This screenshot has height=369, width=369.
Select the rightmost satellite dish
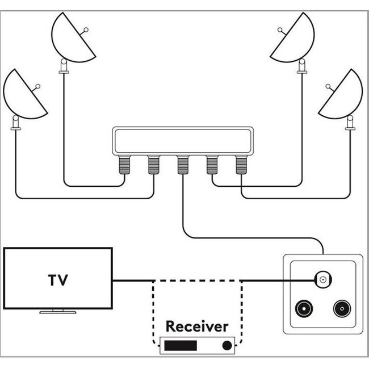click(x=342, y=97)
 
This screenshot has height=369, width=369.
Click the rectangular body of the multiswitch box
click(x=183, y=141)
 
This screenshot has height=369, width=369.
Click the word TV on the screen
click(x=58, y=280)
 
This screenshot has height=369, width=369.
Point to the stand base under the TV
click(x=58, y=312)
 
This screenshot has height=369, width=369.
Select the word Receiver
click(x=196, y=326)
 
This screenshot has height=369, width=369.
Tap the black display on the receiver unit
click(x=181, y=345)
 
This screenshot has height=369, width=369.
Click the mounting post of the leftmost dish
click(x=16, y=124)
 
